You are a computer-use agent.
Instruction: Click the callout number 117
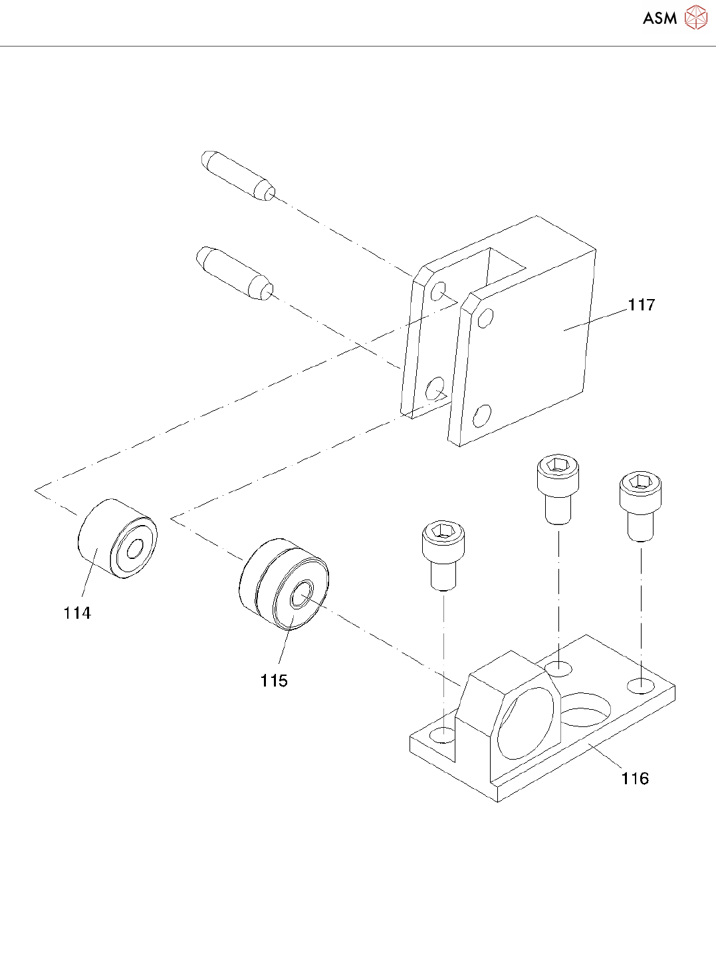[x=641, y=305]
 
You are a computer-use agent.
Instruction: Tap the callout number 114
[x=77, y=613]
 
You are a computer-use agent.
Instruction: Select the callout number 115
[x=274, y=681]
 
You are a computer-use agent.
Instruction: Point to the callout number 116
[x=635, y=778]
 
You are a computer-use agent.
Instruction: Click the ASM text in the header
[x=659, y=19]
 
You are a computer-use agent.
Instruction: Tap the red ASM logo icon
[x=696, y=18]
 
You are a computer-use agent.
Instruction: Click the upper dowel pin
[x=238, y=175]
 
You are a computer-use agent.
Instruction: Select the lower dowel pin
[x=235, y=272]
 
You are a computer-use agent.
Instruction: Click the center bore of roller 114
[x=134, y=550]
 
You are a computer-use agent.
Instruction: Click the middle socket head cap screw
[x=558, y=490]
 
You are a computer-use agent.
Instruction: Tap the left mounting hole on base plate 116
[x=443, y=735]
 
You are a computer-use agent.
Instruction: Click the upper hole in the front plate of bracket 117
[x=485, y=318]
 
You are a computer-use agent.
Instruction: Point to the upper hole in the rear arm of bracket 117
[x=438, y=291]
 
